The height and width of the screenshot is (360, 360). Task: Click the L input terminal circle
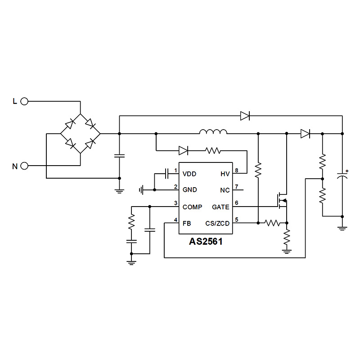[24, 102]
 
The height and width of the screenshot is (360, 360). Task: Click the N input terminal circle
[24, 166]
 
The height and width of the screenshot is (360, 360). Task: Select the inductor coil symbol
[213, 132]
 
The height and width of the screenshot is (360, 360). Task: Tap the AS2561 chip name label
[205, 241]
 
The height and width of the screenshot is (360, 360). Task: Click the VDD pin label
[189, 174]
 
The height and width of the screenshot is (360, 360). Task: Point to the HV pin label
[225, 174]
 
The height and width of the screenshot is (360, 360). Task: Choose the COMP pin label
[193, 207]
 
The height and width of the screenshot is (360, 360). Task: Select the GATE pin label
[220, 207]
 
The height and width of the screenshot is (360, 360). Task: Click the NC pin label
[225, 190]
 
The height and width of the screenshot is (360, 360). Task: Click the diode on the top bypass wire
[245, 116]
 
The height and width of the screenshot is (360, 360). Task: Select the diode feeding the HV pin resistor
[184, 150]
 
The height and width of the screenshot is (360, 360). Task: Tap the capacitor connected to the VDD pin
[166, 173]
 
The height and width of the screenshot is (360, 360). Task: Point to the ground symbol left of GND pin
[142, 190]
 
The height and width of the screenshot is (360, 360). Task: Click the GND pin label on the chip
[189, 190]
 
